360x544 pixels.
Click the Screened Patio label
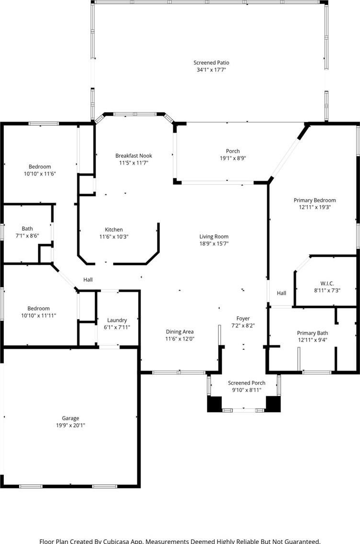point(211,63)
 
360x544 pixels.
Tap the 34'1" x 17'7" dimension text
point(211,70)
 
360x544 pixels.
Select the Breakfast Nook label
point(133,156)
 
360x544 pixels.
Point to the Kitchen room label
point(114,230)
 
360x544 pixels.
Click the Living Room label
point(214,237)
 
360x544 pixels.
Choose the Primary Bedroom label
point(315,200)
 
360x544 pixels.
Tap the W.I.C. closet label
point(327,284)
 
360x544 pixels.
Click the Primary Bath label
point(312,333)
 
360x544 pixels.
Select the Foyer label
point(243,319)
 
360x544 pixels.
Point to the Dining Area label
point(180,331)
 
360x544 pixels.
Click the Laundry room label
point(117,320)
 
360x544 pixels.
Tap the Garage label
point(71,418)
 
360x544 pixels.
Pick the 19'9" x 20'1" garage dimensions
point(71,426)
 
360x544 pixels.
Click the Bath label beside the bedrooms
point(27,229)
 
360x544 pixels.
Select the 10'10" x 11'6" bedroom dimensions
point(40,174)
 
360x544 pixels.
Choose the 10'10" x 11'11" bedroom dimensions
point(38,316)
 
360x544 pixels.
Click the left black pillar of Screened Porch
point(215,404)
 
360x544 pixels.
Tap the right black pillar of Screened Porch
point(273,404)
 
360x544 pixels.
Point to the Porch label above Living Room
point(233,151)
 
